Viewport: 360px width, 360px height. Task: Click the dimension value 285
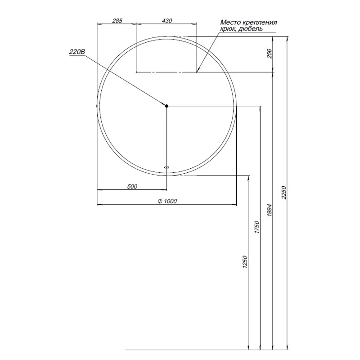117,21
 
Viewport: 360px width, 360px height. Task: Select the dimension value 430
166,21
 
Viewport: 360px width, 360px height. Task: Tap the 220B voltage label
76,52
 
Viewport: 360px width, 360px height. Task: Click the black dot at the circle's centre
166,106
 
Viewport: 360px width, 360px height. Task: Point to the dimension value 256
270,54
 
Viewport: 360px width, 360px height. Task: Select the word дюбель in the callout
251,28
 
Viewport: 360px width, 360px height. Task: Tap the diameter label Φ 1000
167,201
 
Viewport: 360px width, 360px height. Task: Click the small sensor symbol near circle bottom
166,167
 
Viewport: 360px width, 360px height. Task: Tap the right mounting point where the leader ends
197,72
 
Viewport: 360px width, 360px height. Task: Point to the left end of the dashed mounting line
137,72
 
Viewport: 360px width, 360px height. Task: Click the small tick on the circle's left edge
97,106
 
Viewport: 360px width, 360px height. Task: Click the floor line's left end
125,350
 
